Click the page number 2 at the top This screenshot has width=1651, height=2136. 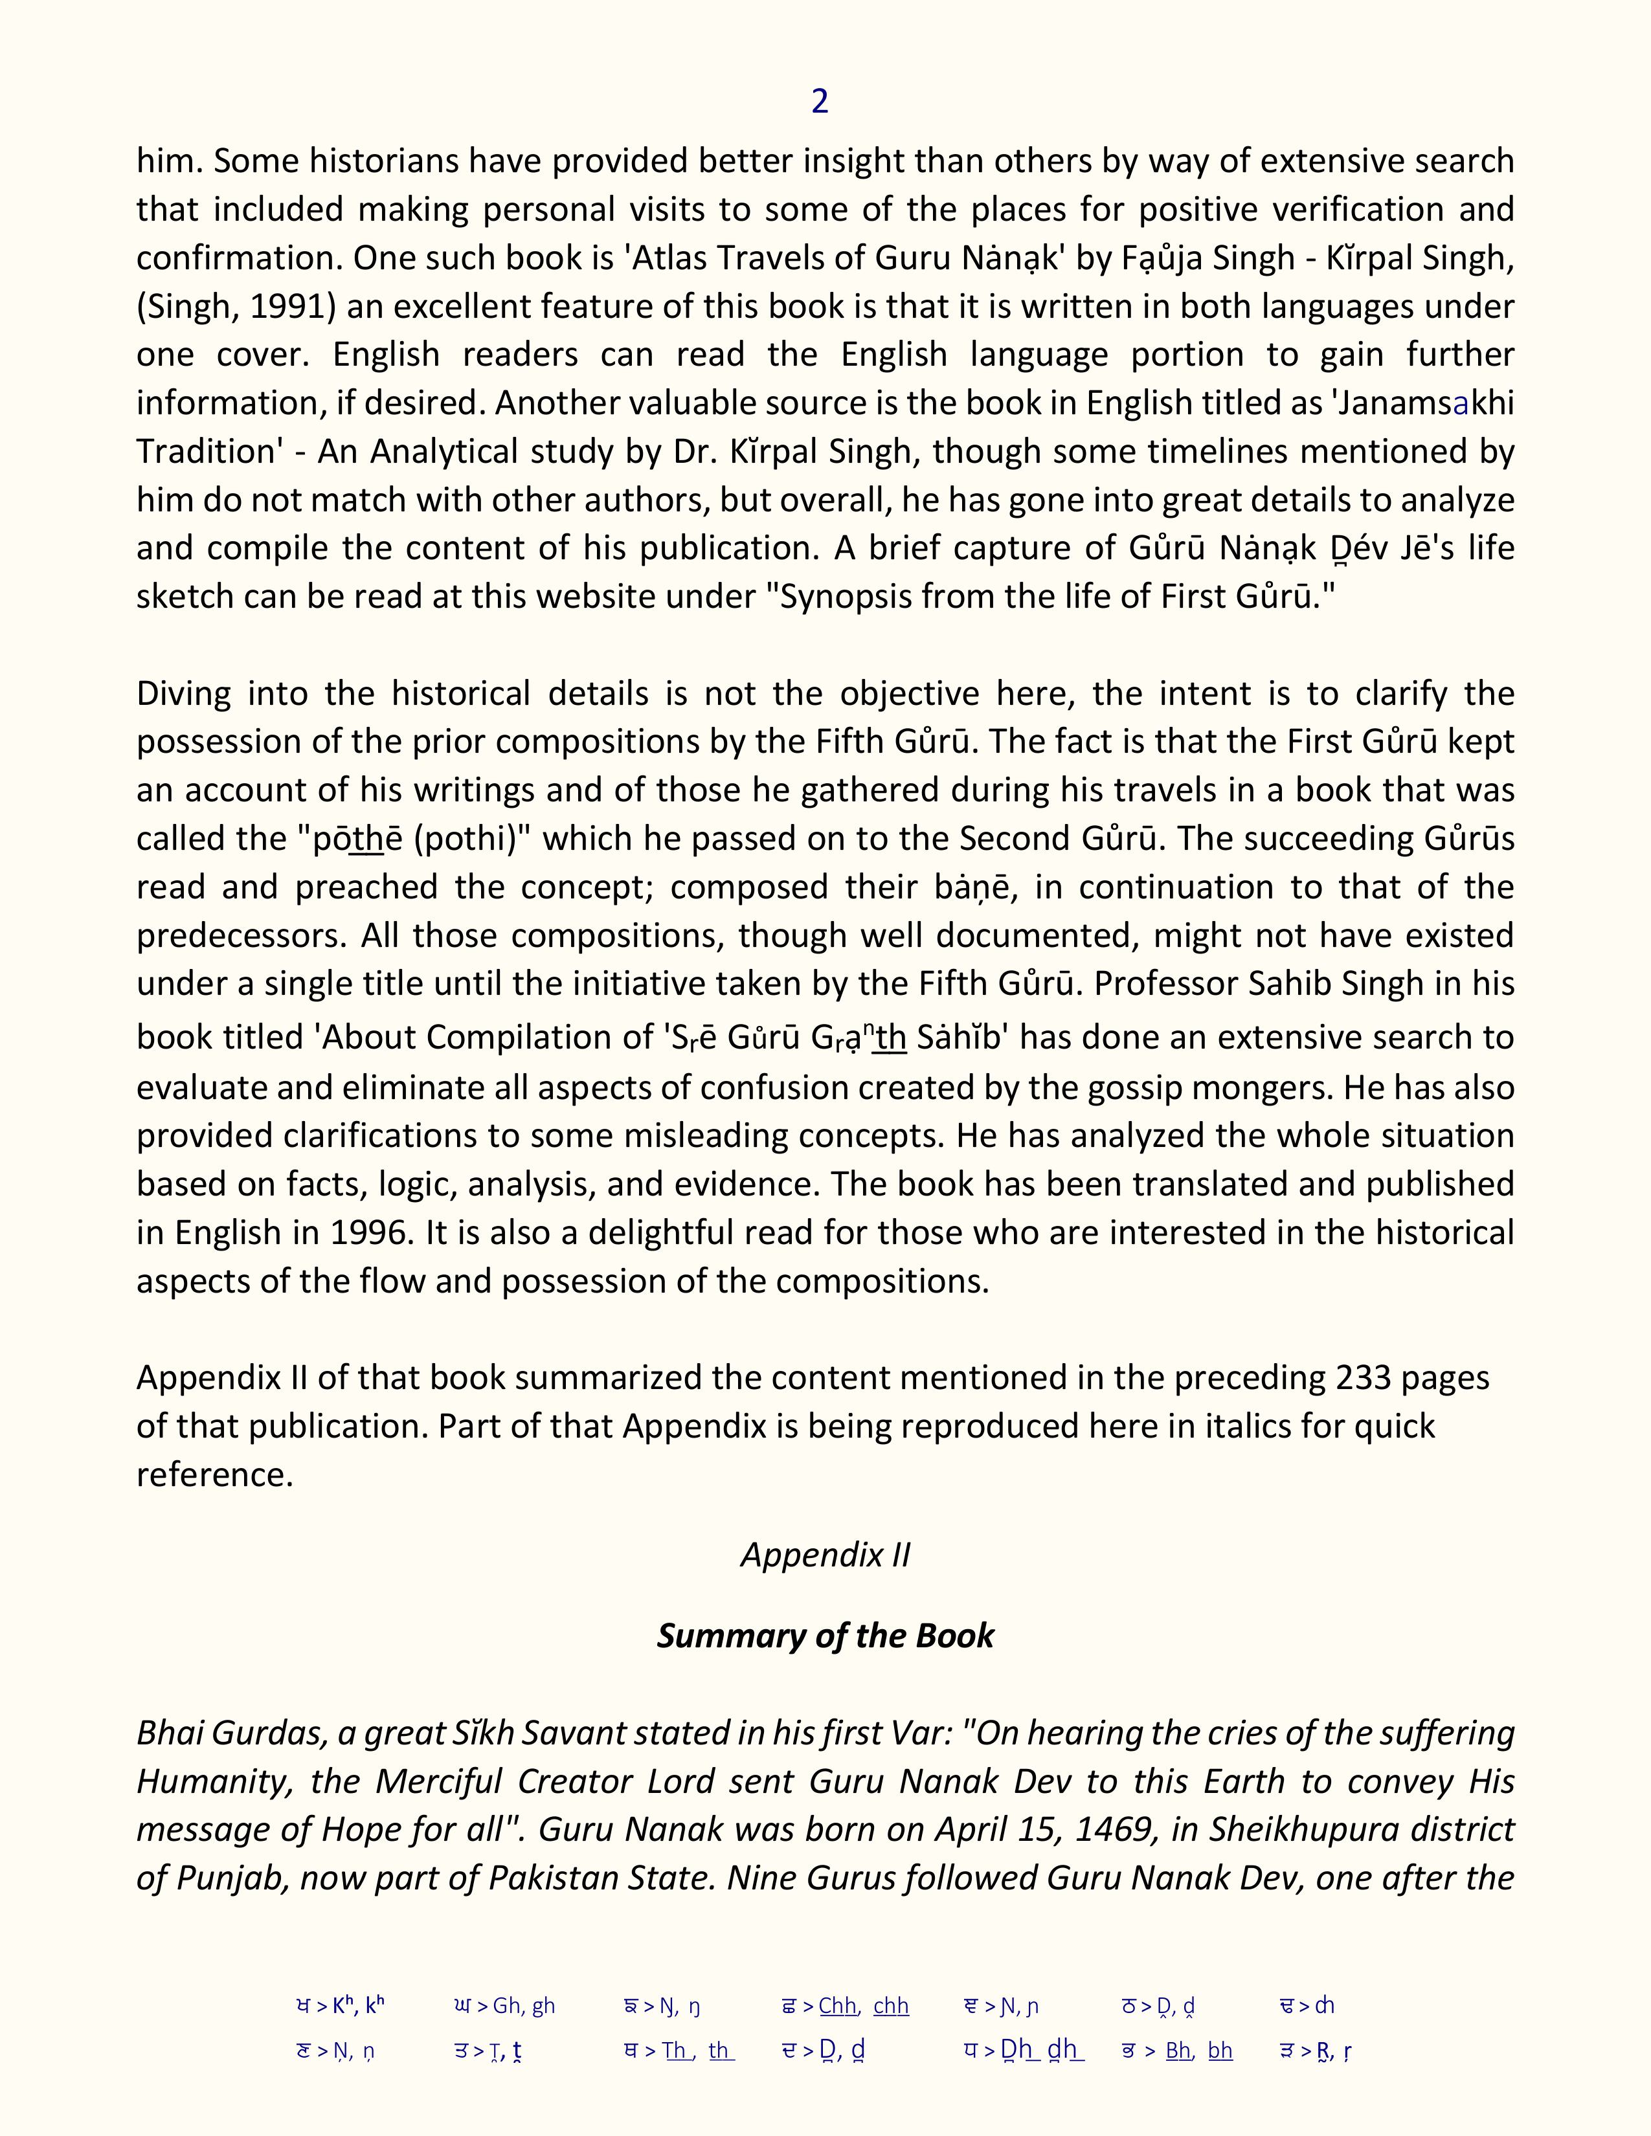click(820, 101)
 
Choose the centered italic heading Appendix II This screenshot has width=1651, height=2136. click(824, 1554)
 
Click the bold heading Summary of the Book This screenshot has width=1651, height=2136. click(824, 1635)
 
